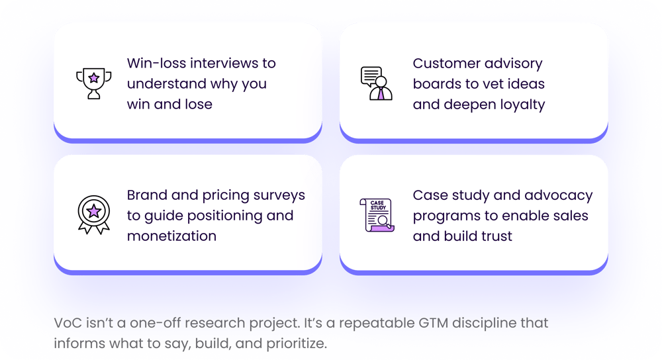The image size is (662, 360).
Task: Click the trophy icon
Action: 93,83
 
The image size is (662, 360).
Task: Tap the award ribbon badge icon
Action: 93,214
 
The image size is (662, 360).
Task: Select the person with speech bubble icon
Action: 376,83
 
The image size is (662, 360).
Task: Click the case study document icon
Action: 375,215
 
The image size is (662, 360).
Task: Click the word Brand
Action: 147,195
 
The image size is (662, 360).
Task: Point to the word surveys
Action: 278,195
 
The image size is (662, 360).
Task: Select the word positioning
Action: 230,216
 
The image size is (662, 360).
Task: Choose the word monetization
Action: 171,236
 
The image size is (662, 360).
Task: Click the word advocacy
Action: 561,195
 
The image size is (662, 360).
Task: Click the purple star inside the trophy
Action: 93,77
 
